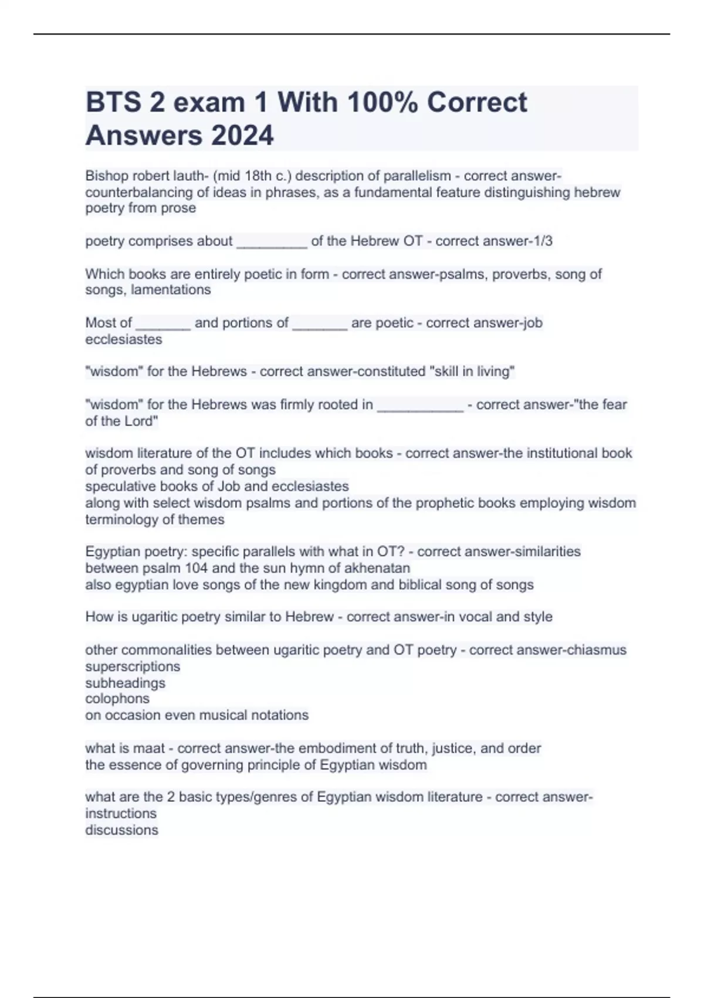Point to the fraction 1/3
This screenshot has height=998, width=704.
coord(542,241)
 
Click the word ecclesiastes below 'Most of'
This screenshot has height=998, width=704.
coord(124,339)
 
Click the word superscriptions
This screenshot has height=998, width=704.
coord(133,667)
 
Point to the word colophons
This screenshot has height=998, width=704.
coord(117,699)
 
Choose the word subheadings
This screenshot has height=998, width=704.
coord(125,683)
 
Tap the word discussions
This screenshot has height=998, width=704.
coord(121,830)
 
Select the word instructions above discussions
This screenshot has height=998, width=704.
coord(121,814)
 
